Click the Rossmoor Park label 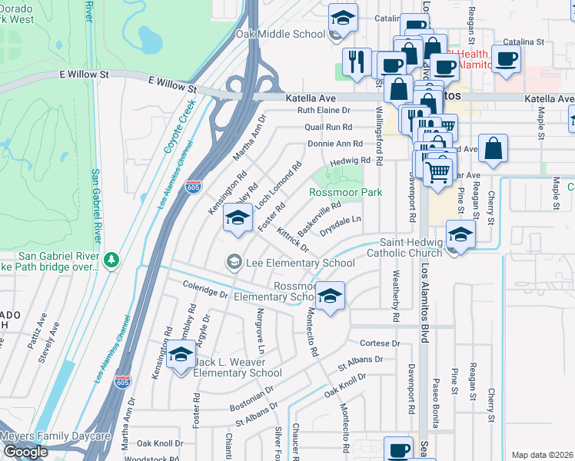coord(346,192)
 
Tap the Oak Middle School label coord(281,34)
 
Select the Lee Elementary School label coord(300,263)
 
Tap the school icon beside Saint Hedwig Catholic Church coord(461,235)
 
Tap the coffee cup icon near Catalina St coord(507,59)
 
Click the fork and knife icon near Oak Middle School coord(356,63)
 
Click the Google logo coord(25,451)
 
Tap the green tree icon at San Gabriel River coord(112,260)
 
